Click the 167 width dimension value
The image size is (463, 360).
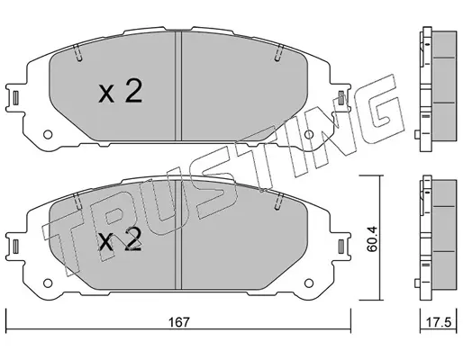coord(179,322)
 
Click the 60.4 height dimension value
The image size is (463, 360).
coord(372,239)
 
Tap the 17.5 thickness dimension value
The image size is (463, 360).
coord(439,322)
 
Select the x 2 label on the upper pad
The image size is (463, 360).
coord(120,93)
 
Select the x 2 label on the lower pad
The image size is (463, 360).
coord(120,239)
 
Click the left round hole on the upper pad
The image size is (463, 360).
coord(48,134)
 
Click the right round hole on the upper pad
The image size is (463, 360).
coord(309,134)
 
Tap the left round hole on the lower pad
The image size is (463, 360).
coord(48,283)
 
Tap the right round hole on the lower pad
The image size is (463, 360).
coord(309,283)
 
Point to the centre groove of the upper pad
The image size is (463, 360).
coord(178,86)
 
